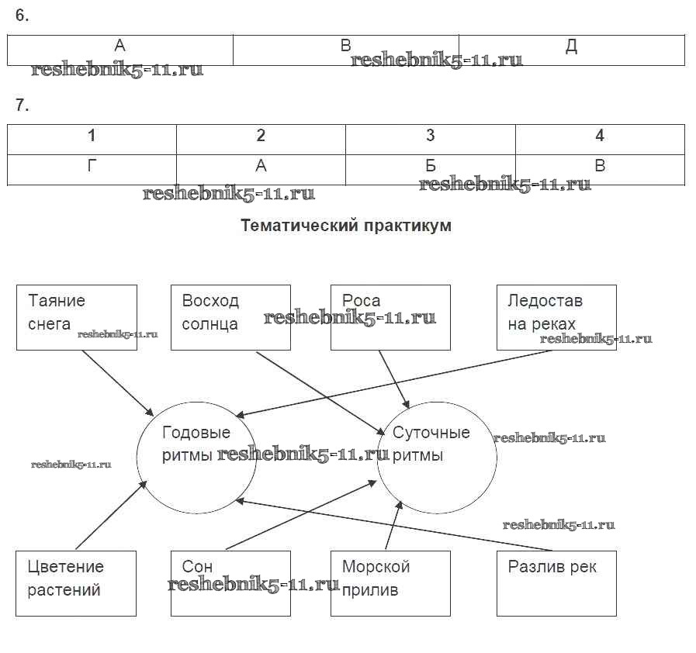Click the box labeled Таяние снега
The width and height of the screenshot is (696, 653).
click(76, 317)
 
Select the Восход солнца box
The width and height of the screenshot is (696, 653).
click(230, 317)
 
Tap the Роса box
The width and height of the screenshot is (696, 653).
click(390, 317)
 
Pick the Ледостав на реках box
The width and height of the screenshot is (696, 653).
click(556, 317)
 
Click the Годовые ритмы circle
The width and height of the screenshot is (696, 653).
click(196, 458)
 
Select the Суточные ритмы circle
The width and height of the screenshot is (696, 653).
click(437, 458)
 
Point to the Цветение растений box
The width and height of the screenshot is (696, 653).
click(76, 583)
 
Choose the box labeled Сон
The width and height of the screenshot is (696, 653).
click(230, 583)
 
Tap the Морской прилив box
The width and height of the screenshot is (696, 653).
click(390, 583)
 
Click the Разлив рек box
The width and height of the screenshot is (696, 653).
click(556, 583)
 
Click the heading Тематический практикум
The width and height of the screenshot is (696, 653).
click(346, 226)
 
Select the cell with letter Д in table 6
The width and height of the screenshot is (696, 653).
click(571, 49)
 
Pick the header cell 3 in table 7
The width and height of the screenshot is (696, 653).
click(431, 136)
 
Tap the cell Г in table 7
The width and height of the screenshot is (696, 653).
click(92, 166)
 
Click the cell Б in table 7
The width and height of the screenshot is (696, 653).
click(431, 166)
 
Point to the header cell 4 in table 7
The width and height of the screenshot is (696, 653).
click(600, 136)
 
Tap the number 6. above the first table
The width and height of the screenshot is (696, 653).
click(22, 16)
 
